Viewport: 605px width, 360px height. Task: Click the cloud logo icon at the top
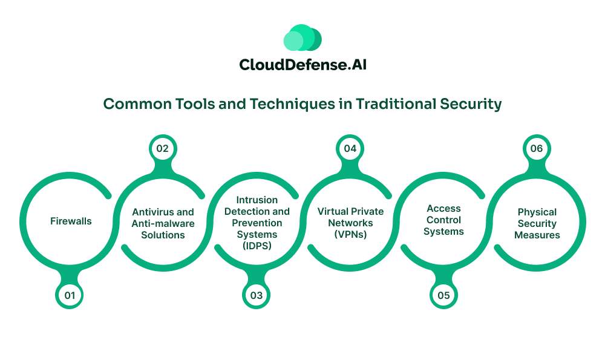pos(302,38)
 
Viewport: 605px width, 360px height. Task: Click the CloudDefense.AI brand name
pos(302,64)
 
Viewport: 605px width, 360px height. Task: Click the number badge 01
pos(70,295)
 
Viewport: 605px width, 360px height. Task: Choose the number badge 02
pos(163,148)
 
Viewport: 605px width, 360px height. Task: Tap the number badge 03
pos(257,295)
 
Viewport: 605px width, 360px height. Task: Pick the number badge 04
pos(350,148)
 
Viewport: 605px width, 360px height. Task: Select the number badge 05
pos(443,295)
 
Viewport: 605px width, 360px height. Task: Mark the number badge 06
pos(537,148)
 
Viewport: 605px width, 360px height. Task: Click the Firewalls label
pos(71,221)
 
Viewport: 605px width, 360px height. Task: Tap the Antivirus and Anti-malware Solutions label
pos(163,223)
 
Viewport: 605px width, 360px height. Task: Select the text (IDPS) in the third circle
pos(257,245)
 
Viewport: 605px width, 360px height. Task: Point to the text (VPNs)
pos(350,234)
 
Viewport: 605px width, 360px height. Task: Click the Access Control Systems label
pos(443,220)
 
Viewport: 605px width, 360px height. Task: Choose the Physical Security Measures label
pos(537,223)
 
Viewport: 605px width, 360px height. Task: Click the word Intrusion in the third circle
pos(257,200)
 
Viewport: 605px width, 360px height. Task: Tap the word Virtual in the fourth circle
pos(333,212)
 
